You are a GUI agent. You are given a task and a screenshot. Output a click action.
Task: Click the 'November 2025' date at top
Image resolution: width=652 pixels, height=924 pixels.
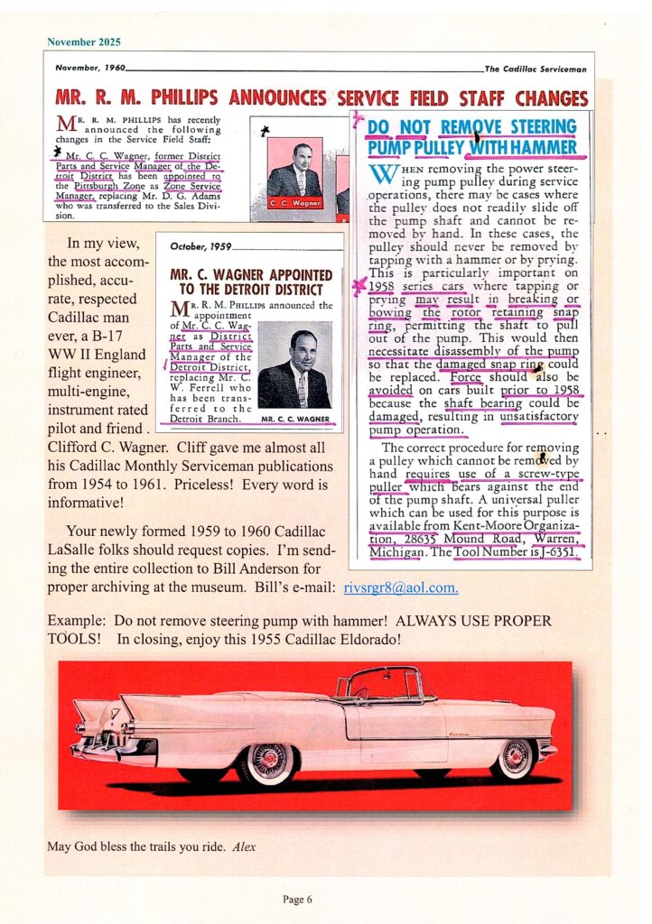click(83, 42)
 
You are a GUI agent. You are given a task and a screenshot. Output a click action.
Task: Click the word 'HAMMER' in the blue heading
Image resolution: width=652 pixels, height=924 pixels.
click(541, 147)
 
